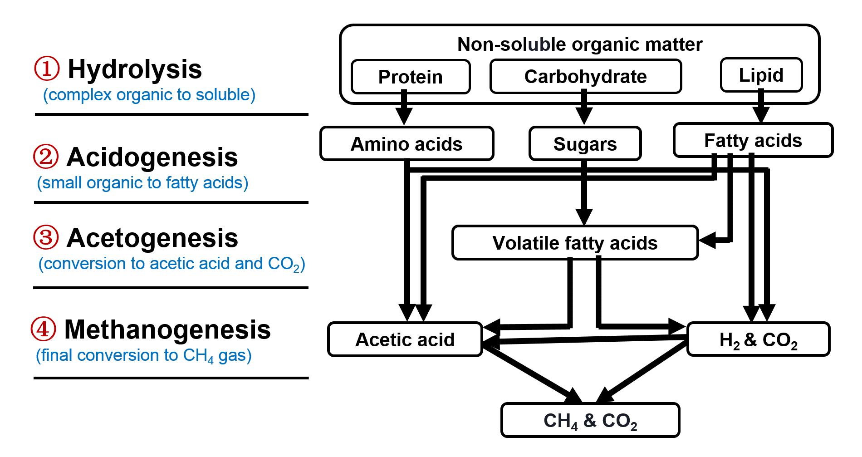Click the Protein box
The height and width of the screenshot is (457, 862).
[x=411, y=77]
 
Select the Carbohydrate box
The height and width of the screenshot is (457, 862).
[x=586, y=76]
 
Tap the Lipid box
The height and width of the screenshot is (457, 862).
[x=761, y=75]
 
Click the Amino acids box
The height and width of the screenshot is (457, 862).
[x=407, y=144]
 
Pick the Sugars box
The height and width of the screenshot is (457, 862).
[x=585, y=144]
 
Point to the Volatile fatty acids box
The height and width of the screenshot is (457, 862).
[x=575, y=243]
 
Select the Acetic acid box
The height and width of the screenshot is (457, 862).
[x=405, y=339]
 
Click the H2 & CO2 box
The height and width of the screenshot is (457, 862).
[x=759, y=339]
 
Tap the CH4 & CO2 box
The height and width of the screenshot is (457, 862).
[x=590, y=420]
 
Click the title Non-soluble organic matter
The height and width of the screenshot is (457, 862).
[x=580, y=44]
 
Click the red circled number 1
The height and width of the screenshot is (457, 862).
[x=47, y=69]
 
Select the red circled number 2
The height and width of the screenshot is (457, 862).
[x=46, y=157]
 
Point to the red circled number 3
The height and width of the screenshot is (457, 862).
[x=46, y=237]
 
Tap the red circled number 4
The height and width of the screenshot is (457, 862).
[x=43, y=329]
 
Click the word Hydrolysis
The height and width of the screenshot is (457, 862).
[x=135, y=69]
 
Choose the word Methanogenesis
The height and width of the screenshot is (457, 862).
[x=167, y=329]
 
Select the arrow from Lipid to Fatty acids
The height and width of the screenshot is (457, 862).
[x=761, y=106]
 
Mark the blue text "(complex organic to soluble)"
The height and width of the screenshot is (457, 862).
[x=149, y=95]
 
